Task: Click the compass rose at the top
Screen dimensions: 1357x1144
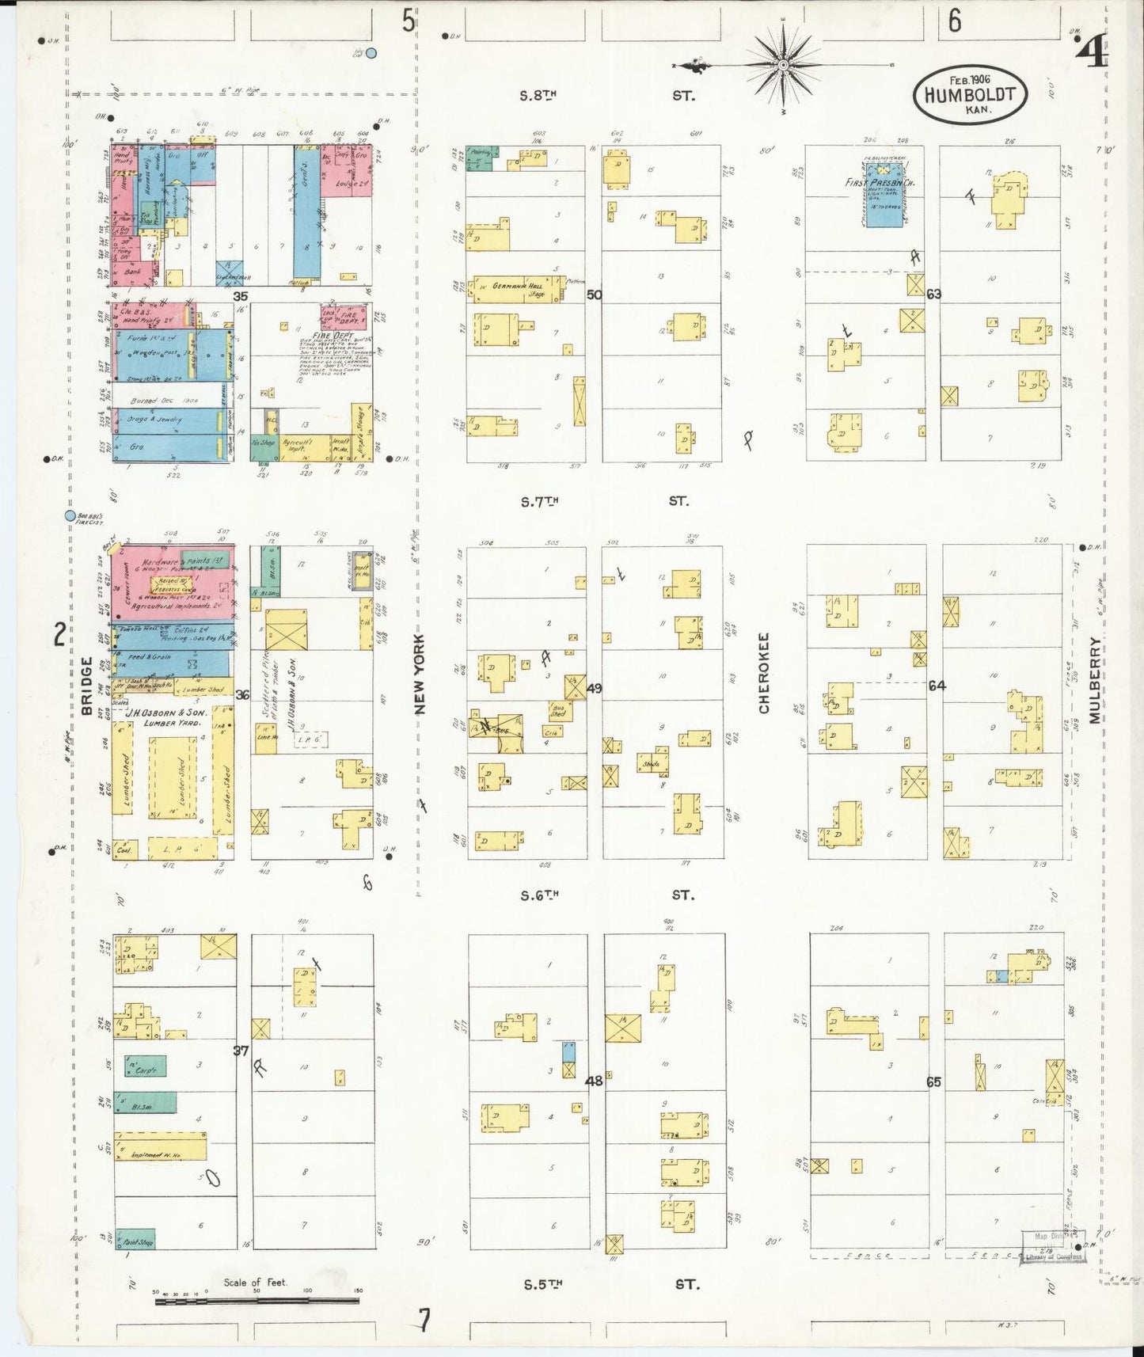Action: point(783,64)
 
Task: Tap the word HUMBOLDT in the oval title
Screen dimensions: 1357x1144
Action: point(970,94)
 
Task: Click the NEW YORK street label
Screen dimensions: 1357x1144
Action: point(419,674)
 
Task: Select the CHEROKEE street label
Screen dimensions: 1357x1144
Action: point(764,672)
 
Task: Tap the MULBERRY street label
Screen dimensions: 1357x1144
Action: point(1094,680)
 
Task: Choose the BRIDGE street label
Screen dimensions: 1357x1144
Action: point(86,686)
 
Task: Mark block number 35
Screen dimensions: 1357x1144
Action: point(240,296)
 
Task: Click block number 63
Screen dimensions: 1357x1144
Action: point(934,295)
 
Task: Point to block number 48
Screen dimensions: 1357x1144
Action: point(594,1080)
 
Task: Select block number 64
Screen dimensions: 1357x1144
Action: point(937,686)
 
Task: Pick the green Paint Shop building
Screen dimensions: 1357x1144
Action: point(135,1241)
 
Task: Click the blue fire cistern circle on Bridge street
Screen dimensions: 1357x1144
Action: point(70,516)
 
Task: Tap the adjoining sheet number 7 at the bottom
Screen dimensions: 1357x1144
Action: point(425,1320)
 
